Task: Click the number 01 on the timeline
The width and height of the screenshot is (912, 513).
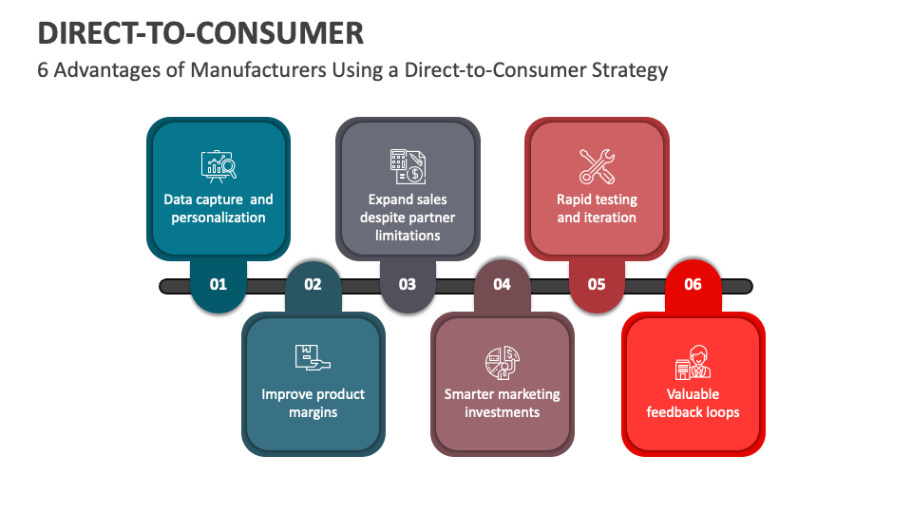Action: [218, 284]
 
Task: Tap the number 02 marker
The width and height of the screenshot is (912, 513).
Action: [313, 284]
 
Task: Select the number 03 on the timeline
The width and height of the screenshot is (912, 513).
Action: [408, 284]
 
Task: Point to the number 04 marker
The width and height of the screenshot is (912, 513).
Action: [502, 284]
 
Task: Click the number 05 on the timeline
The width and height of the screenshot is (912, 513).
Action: [597, 284]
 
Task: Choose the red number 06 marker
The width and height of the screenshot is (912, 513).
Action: [693, 284]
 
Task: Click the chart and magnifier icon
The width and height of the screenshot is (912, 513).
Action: [218, 166]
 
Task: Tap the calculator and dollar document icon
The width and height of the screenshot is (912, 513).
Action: [408, 166]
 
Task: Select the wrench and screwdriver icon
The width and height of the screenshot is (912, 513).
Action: [597, 166]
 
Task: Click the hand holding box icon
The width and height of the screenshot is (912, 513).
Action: [313, 357]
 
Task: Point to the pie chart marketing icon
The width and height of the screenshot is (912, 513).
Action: [503, 362]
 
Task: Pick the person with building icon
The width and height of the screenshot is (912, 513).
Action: [693, 362]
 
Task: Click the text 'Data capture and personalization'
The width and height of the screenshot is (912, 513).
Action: [218, 208]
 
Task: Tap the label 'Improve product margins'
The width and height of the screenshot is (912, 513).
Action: [313, 403]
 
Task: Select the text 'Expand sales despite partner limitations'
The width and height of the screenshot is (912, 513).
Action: [408, 218]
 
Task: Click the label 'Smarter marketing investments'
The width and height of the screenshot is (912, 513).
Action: [502, 403]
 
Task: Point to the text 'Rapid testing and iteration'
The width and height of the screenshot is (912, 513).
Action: [597, 208]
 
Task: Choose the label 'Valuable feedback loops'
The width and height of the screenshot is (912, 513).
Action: [693, 403]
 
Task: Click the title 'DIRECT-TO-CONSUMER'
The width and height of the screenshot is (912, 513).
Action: [200, 33]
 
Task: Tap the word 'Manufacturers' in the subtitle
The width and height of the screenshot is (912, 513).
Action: [258, 69]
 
